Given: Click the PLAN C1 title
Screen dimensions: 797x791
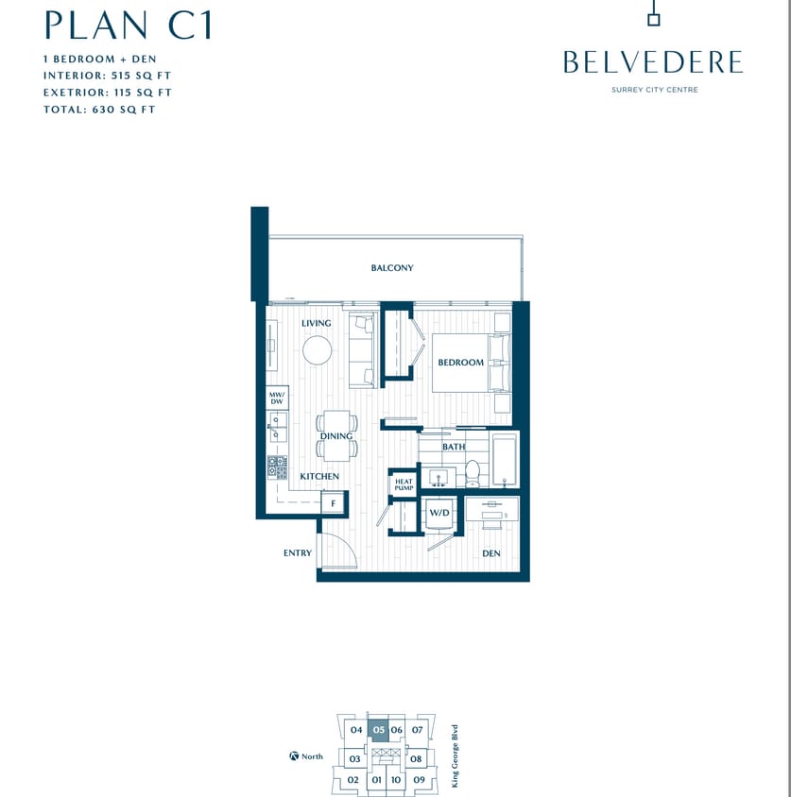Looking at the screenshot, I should [128, 25].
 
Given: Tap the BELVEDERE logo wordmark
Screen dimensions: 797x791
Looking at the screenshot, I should [652, 62].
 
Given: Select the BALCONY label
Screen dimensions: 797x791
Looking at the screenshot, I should [392, 268].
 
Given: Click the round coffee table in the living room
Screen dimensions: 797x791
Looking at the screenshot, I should [318, 350].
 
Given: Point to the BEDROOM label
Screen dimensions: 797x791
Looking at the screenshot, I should [460, 363].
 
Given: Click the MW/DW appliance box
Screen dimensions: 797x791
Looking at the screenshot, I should [277, 398].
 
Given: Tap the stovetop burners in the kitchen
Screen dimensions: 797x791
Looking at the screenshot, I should [277, 466].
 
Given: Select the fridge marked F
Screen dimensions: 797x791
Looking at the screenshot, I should [333, 503].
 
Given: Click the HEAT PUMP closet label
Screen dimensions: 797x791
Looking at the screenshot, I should [404, 485].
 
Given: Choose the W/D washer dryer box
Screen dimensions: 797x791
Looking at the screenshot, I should [438, 513].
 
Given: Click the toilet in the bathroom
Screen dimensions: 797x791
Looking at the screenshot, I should [473, 473].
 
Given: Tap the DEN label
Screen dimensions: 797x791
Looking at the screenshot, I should [490, 553].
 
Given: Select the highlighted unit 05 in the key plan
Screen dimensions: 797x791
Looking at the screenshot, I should [378, 730].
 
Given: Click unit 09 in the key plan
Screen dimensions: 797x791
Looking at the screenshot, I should [420, 780].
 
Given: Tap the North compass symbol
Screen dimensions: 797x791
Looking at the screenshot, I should [295, 756].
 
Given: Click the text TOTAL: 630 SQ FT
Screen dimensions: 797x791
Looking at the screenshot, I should [99, 110].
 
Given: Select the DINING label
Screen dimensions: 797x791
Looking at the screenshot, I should [335, 436].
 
